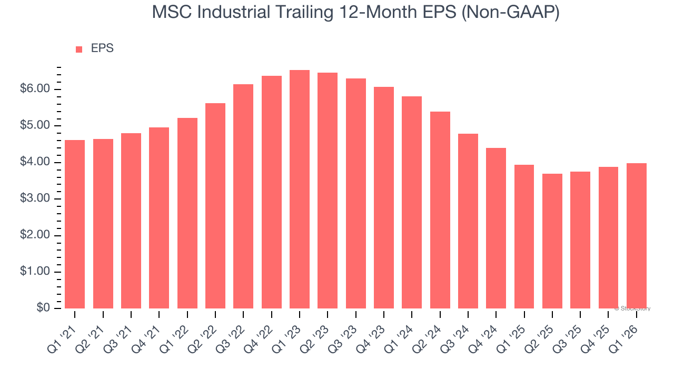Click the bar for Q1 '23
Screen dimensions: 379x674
point(299,189)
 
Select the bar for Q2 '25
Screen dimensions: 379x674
point(552,241)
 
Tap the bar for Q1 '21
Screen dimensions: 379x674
point(75,224)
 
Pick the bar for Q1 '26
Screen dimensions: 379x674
point(637,236)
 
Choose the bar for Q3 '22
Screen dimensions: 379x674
point(243,196)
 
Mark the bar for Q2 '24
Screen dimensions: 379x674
point(440,210)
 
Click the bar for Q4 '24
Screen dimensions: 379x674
point(496,228)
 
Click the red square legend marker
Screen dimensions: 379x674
point(79,49)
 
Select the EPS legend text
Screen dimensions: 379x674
point(102,48)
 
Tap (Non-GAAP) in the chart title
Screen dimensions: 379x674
point(510,12)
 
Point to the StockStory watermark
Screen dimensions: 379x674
point(632,308)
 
